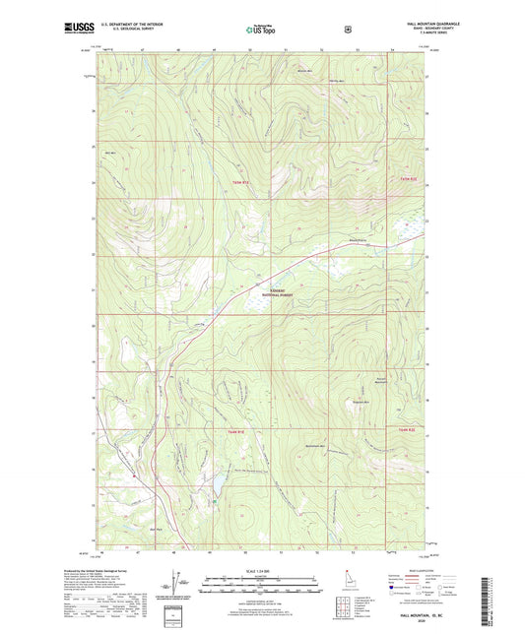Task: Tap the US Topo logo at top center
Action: [261, 31]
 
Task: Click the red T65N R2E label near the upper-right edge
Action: [409, 178]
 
